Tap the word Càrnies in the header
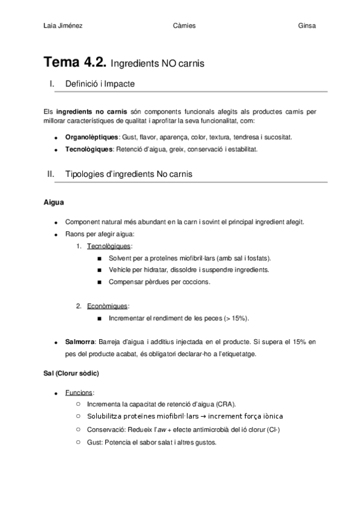[x=183, y=26]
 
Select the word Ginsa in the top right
[x=307, y=26]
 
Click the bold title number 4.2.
[x=94, y=61]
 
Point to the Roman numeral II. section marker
[x=51, y=174]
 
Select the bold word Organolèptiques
[x=91, y=137]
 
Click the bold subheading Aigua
[x=53, y=203]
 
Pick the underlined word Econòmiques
[x=107, y=306]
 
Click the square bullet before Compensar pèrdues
[x=99, y=281]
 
